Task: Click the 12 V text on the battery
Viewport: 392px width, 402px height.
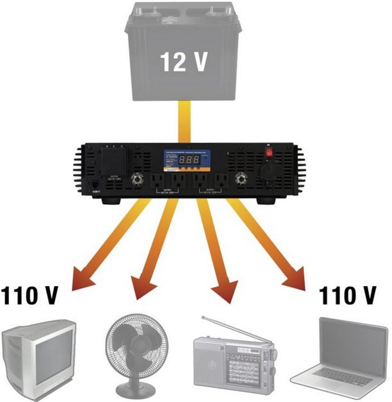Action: click(184, 62)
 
